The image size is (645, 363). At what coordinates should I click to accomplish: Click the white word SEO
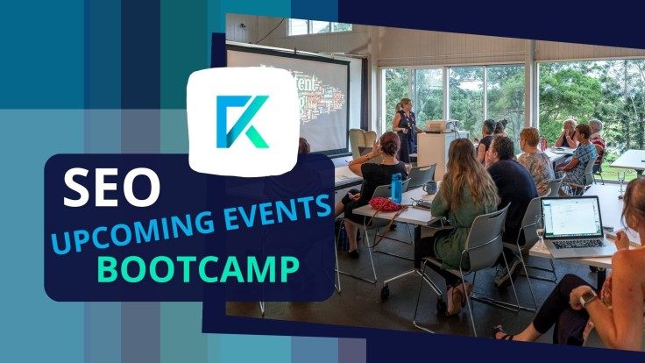point(111,188)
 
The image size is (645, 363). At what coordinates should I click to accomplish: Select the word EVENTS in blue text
point(278,210)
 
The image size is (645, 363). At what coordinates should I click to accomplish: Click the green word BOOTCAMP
point(198,269)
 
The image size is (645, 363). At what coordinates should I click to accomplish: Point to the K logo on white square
point(243,122)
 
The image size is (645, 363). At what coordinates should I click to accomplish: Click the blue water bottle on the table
point(396,188)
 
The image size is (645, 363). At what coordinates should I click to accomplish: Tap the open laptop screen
point(571,217)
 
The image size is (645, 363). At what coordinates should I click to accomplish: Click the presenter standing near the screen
point(405,131)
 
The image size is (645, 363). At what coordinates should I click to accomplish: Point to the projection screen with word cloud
point(288,98)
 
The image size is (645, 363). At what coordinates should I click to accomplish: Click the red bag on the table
point(386,204)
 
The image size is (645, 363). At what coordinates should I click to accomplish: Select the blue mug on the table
point(429,188)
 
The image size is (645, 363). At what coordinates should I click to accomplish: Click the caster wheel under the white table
point(385,292)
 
